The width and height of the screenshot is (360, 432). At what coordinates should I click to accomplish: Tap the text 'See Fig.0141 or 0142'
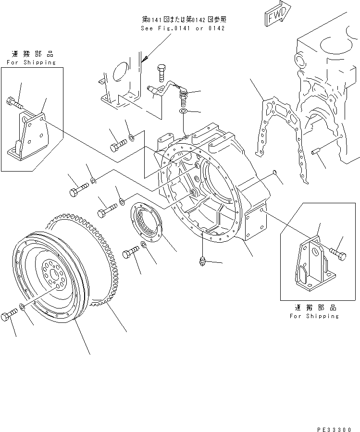(x=183, y=28)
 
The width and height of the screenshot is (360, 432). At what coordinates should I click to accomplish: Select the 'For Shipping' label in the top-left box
(x=31, y=62)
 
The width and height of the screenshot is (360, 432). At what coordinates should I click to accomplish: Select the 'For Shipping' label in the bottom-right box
(x=314, y=316)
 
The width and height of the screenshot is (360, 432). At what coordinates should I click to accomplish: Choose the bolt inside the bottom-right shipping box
(x=337, y=255)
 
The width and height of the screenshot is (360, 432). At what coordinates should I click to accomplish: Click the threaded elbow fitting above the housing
(x=183, y=96)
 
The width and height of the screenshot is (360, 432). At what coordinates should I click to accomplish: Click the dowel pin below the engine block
(x=317, y=153)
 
